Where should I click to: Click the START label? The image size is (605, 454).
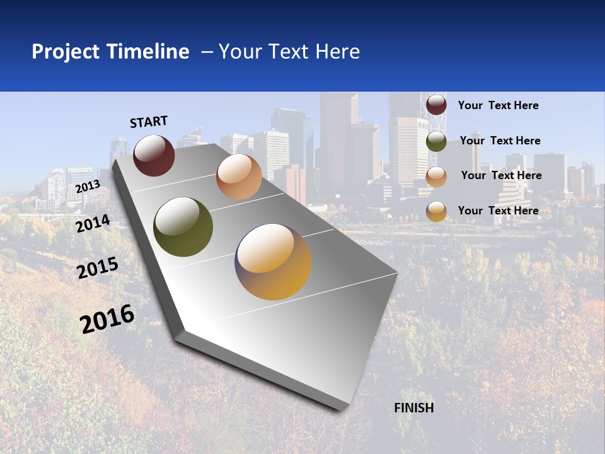149,122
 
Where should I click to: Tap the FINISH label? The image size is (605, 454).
414,408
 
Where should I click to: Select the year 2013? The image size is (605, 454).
88,187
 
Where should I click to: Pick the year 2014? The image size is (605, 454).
93,223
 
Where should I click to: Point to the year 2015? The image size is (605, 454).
98,268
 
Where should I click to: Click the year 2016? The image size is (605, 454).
107,319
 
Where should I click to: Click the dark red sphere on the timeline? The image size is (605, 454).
154,156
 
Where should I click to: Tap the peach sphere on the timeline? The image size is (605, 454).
239,177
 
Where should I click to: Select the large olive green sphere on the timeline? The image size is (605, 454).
183,227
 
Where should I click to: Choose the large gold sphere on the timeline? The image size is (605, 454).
273,262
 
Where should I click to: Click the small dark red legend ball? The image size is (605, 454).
436,105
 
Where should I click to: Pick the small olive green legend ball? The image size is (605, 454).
436,141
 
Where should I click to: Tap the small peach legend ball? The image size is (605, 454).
436,177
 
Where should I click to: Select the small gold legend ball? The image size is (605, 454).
436,211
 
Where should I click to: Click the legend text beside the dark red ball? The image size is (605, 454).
498,105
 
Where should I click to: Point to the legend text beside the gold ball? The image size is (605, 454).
498,211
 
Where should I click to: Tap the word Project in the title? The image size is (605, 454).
66,52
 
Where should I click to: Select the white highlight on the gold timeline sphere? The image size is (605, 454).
265,247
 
